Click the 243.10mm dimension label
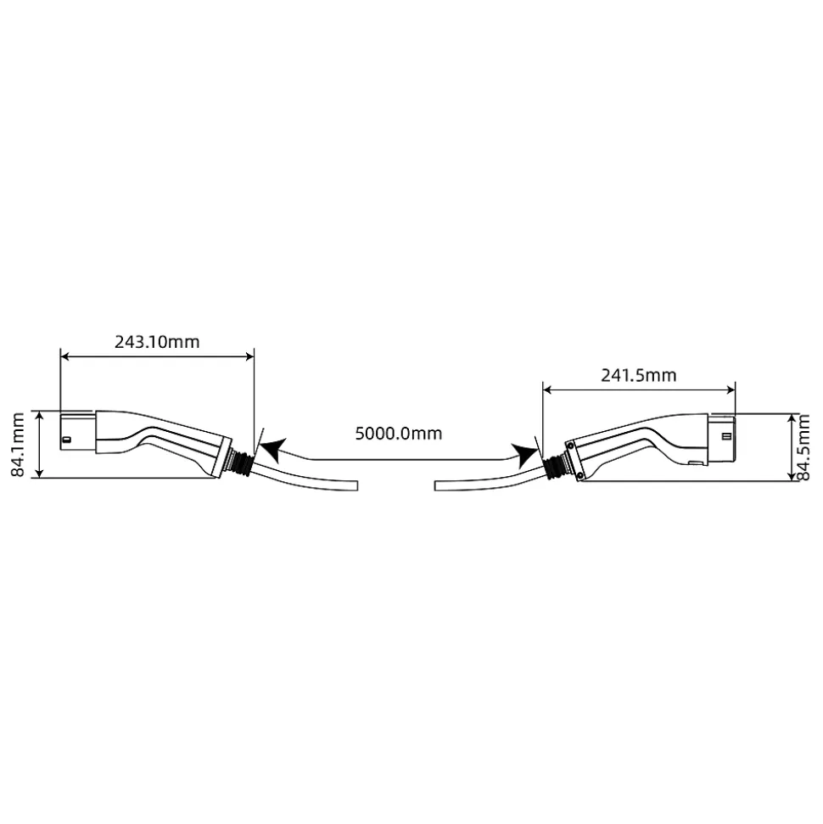(x=157, y=342)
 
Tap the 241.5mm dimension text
(x=639, y=375)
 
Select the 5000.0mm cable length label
(x=399, y=434)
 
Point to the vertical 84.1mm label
(x=19, y=445)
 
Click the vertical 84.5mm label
(x=804, y=447)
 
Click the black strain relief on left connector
(x=243, y=462)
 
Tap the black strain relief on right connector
(x=553, y=465)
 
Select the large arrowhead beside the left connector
(x=273, y=451)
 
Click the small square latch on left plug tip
(x=66, y=440)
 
